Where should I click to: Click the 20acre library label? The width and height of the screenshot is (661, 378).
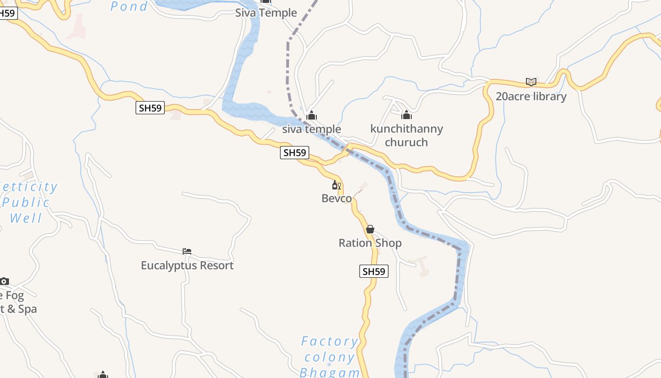pyautogui.click(x=531, y=96)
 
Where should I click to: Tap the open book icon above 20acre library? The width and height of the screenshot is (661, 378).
pyautogui.click(x=531, y=82)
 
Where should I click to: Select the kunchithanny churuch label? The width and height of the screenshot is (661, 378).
pyautogui.click(x=407, y=135)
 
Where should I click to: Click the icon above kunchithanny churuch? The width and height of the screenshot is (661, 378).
pyautogui.click(x=407, y=115)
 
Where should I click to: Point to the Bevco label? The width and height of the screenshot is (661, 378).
pyautogui.click(x=337, y=198)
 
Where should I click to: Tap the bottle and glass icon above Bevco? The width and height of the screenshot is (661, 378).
pyautogui.click(x=336, y=185)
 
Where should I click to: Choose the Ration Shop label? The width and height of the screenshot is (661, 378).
pyautogui.click(x=370, y=243)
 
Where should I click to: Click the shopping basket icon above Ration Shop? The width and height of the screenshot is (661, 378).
pyautogui.click(x=370, y=229)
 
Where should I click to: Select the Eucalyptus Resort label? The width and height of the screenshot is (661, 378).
pyautogui.click(x=187, y=266)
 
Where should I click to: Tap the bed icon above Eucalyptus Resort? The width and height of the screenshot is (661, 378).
pyautogui.click(x=187, y=251)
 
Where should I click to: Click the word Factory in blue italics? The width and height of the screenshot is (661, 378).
pyautogui.click(x=330, y=341)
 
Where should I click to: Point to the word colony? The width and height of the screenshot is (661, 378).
pyautogui.click(x=330, y=357)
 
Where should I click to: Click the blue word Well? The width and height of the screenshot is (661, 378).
pyautogui.click(x=26, y=218)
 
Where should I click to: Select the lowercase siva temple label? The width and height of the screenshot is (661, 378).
pyautogui.click(x=312, y=129)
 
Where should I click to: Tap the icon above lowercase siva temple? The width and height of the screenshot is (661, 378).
pyautogui.click(x=312, y=115)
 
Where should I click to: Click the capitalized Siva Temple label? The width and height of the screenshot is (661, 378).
pyautogui.click(x=266, y=13)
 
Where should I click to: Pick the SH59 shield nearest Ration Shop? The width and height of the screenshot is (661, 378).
pyautogui.click(x=373, y=271)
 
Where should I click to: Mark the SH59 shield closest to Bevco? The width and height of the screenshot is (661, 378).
pyautogui.click(x=295, y=153)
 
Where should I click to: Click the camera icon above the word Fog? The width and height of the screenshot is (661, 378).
pyautogui.click(x=4, y=282)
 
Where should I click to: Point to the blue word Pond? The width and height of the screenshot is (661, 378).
pyautogui.click(x=129, y=6)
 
